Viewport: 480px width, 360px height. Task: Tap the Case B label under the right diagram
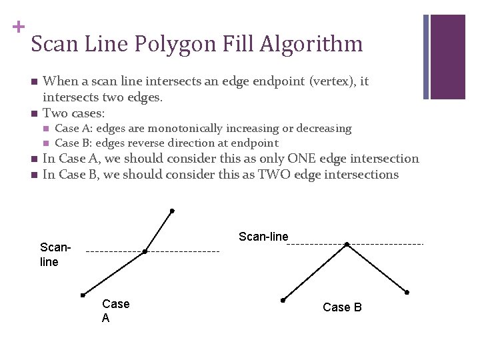pyautogui.click(x=342, y=307)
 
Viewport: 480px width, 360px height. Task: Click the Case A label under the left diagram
pyautogui.click(x=115, y=311)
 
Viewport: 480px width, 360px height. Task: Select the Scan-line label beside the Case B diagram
pyautogui.click(x=263, y=237)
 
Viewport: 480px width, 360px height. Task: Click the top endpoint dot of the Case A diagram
pyautogui.click(x=172, y=211)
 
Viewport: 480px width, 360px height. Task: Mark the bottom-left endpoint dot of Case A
pyautogui.click(x=83, y=294)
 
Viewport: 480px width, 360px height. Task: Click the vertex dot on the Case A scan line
pyautogui.click(x=145, y=251)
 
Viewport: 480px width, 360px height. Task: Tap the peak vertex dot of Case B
pyautogui.click(x=346, y=245)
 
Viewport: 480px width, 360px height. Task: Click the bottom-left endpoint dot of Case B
pyautogui.click(x=283, y=300)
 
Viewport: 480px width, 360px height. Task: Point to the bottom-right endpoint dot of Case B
pyautogui.click(x=407, y=293)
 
